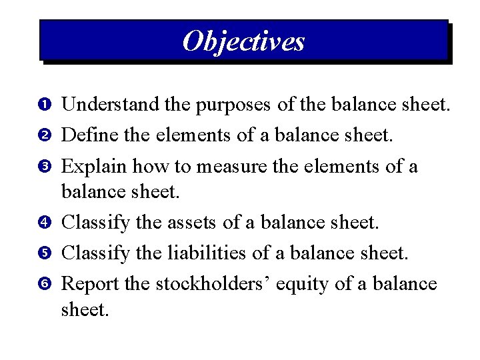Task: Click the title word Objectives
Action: [243, 41]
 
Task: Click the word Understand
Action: [111, 105]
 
